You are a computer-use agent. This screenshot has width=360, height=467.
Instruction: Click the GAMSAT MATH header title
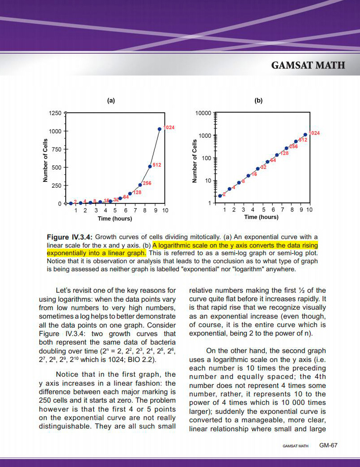click(308, 65)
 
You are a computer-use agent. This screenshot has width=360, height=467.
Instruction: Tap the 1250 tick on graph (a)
click(55, 113)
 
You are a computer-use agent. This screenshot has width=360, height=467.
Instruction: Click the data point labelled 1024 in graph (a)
click(160, 129)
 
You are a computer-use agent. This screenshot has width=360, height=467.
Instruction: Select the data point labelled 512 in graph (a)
click(150, 167)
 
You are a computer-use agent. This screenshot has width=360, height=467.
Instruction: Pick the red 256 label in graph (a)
click(147, 183)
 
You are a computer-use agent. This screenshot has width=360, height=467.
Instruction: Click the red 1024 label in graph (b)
click(315, 133)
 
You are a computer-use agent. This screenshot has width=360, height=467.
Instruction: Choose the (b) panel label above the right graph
click(258, 101)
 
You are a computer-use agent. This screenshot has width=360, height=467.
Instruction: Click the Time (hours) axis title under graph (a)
click(115, 219)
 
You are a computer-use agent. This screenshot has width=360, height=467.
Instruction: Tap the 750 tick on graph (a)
click(57, 149)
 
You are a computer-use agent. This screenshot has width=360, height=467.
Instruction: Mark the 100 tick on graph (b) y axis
click(206, 158)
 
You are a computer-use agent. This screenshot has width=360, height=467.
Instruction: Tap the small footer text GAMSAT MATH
click(296, 446)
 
